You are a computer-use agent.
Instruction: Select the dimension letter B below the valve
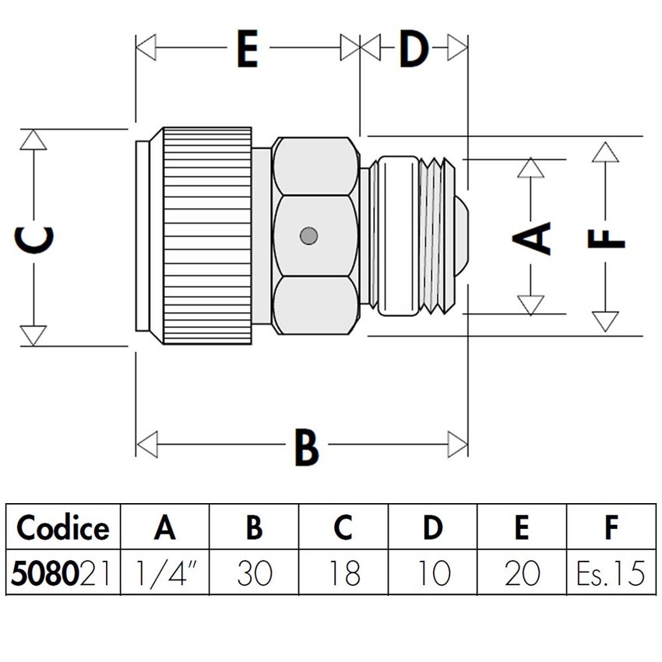tap(306, 447)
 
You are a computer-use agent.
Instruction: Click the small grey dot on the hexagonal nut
tap(308, 235)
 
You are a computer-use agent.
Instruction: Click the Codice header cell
tap(63, 528)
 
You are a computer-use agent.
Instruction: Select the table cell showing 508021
tap(63, 574)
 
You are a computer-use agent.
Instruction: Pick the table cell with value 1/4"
tap(165, 574)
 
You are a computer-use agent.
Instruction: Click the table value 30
tap(255, 574)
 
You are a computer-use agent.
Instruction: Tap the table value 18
tap(343, 574)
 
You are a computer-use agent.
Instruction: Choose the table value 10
tap(433, 574)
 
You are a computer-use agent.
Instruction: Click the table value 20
tap(522, 574)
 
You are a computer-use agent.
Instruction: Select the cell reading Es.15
tap(611, 574)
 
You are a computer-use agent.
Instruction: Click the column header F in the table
tap(611, 528)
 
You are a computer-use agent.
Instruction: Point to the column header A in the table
tap(165, 528)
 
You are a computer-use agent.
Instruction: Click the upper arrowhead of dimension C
tap(33, 139)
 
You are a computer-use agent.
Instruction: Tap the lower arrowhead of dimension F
tap(604, 322)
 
